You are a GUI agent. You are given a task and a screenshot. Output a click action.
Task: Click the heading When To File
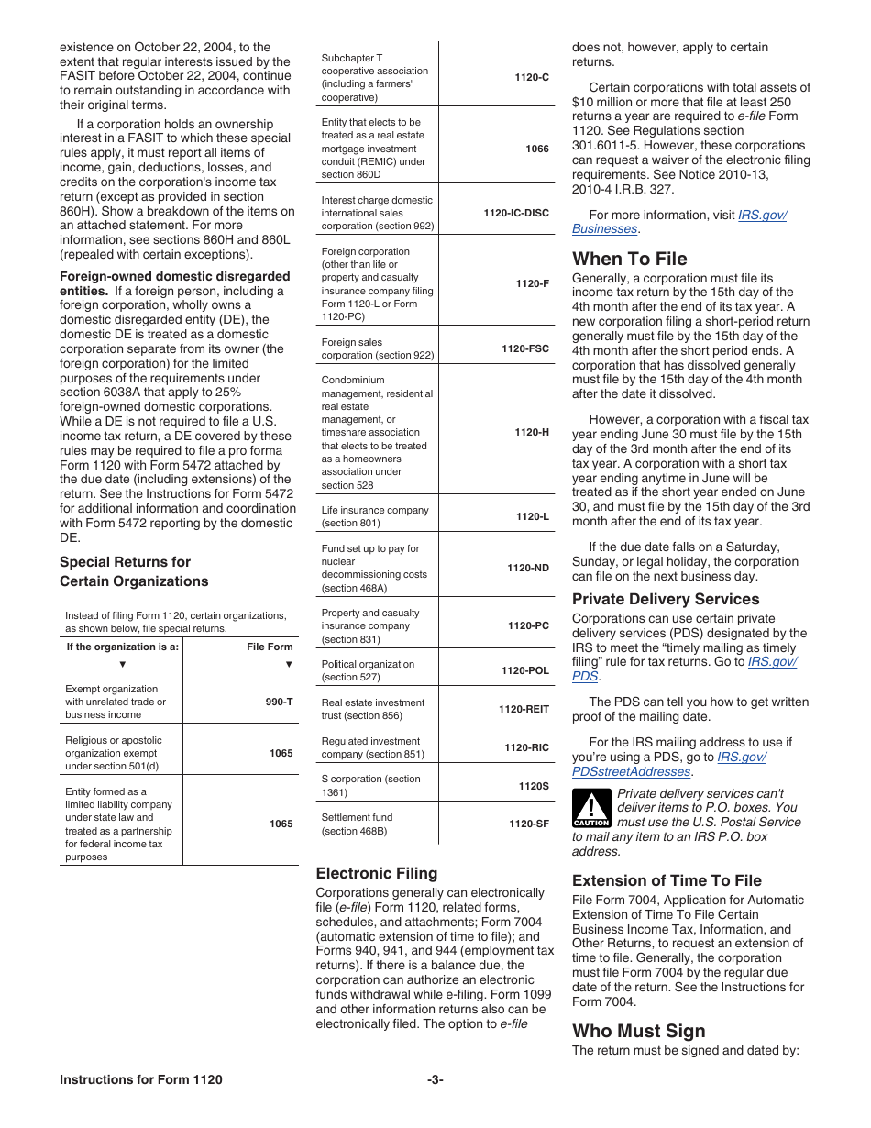(x=629, y=259)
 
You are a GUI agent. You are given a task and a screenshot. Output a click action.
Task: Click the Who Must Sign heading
(x=639, y=1031)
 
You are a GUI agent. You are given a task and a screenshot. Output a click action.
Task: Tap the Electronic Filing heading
(x=377, y=873)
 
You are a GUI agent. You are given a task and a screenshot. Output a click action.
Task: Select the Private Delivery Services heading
(x=666, y=599)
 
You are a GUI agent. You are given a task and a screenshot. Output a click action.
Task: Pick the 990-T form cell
(x=281, y=702)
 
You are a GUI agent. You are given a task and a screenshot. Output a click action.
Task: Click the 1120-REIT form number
(x=524, y=709)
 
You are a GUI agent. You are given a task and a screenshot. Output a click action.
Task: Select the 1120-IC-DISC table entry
(x=516, y=213)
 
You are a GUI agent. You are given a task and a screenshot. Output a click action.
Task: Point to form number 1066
(x=537, y=149)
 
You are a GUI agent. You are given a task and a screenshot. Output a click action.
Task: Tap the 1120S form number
(x=534, y=786)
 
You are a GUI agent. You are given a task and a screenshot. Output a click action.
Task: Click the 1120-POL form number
(x=525, y=670)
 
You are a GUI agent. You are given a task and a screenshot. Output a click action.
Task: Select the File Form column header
(x=270, y=647)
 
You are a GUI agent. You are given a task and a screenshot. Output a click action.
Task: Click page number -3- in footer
(x=435, y=1079)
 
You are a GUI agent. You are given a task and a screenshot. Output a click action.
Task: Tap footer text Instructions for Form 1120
(x=140, y=1079)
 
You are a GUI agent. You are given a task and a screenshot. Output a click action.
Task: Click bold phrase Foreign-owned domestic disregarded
(x=174, y=276)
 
